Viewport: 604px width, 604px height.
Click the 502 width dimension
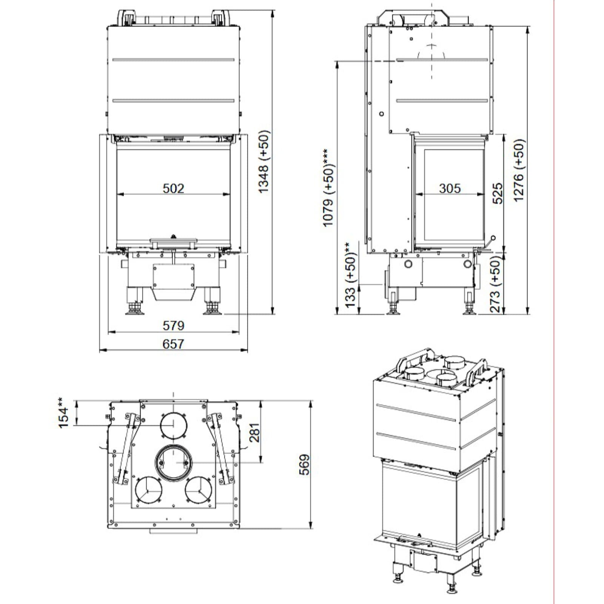(173, 188)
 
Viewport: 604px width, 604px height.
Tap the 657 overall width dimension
(173, 344)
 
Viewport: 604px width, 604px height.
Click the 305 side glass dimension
(450, 188)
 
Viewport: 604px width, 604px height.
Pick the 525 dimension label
(498, 193)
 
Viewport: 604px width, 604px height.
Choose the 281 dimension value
(254, 433)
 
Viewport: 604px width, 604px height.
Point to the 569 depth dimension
(304, 464)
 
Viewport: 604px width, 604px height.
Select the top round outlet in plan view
(173, 425)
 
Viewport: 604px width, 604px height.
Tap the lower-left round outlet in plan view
(148, 490)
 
